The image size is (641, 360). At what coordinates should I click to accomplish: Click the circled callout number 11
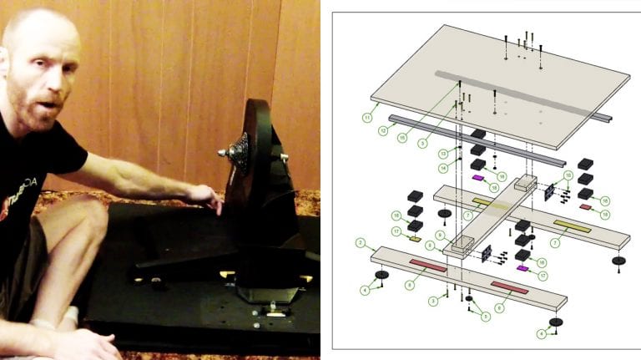coord(366,118)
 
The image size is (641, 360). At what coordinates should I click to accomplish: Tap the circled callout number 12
coord(383,131)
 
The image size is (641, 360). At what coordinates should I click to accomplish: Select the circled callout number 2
coord(361,243)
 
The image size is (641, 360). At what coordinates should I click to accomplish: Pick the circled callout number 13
coord(442,153)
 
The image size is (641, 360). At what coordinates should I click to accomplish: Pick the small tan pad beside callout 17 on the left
coord(415,239)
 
